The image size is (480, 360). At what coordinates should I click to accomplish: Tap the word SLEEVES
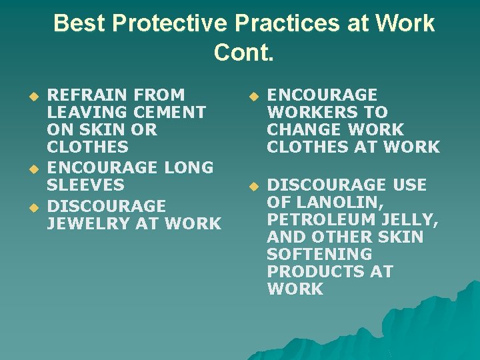(85, 185)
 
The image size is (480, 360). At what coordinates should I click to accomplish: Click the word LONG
(188, 167)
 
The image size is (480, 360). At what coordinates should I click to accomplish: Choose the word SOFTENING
(319, 254)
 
